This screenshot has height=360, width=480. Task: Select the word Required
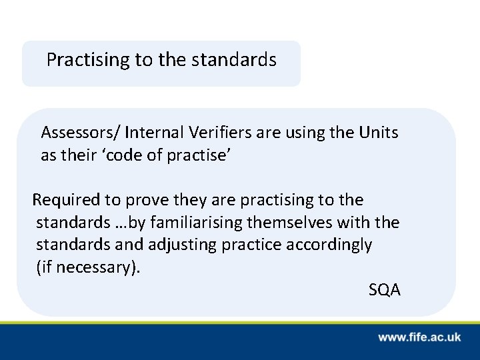pos(65,199)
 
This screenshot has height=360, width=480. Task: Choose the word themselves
pos(291,222)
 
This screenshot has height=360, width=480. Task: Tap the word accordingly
pos(329,245)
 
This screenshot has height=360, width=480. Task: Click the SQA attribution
pos(384,290)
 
